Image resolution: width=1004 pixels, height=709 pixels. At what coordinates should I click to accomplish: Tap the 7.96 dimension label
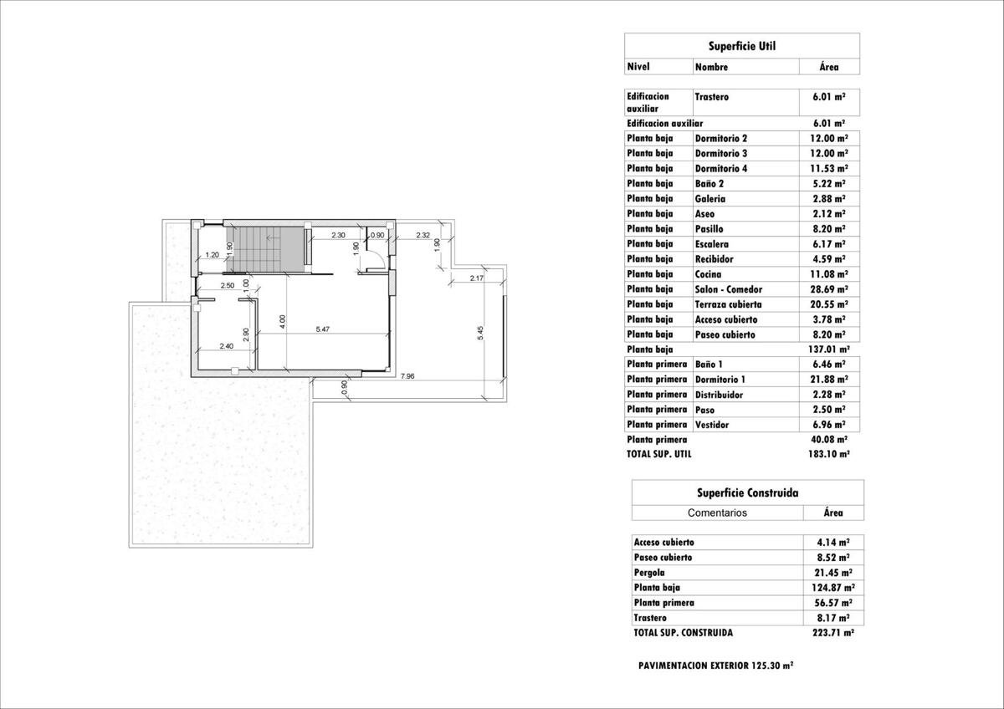click(407, 376)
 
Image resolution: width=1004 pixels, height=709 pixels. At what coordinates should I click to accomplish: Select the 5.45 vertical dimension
click(480, 332)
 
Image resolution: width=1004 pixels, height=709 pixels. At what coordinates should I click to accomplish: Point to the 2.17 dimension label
click(477, 278)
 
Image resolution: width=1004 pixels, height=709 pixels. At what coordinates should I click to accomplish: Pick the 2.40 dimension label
click(226, 346)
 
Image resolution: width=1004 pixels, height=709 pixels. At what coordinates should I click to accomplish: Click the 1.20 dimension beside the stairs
click(212, 254)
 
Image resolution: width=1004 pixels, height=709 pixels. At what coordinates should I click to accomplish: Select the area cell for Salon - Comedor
click(829, 289)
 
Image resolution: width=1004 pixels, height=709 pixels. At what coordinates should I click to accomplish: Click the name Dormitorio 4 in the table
click(721, 169)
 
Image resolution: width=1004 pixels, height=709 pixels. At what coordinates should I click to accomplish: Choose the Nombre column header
click(711, 67)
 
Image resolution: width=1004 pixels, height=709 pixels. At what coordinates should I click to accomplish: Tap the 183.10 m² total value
click(829, 454)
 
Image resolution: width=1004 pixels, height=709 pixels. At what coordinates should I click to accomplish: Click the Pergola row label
click(650, 573)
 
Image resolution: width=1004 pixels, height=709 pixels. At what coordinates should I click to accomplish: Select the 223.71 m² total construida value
click(832, 633)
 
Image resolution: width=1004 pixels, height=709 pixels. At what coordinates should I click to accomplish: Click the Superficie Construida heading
click(747, 493)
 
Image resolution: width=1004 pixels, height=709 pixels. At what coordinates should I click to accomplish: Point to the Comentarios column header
click(717, 513)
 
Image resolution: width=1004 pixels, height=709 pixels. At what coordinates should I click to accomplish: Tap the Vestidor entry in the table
click(711, 425)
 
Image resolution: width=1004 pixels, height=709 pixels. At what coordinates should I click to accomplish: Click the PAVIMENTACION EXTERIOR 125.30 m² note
click(715, 666)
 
